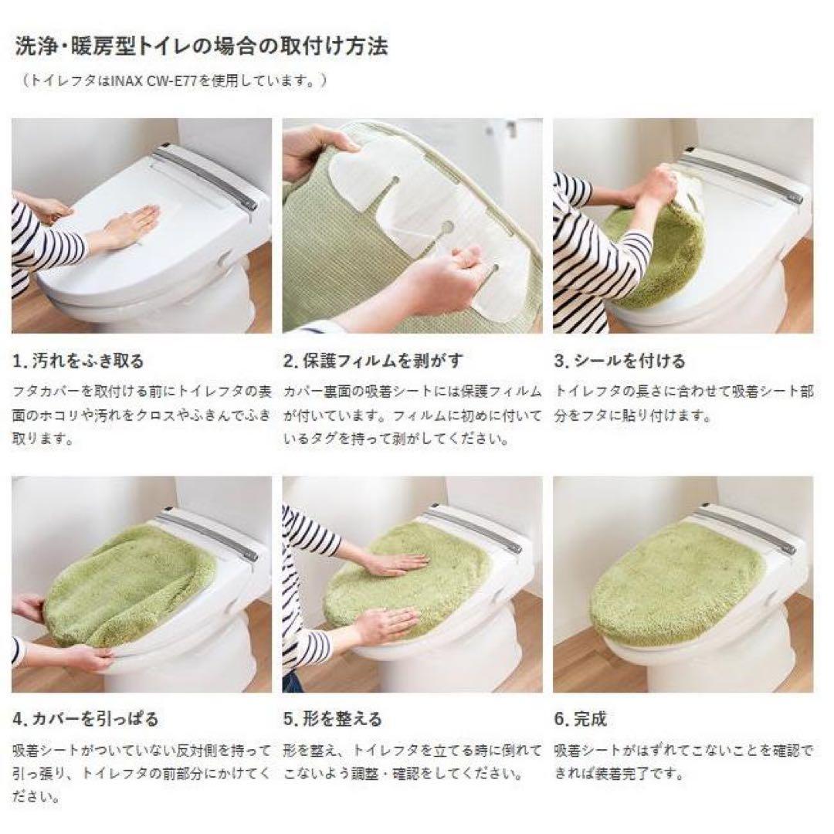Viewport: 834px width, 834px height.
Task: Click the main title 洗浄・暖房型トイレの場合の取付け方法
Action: [202, 46]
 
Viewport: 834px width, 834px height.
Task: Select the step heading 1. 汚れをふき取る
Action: [79, 361]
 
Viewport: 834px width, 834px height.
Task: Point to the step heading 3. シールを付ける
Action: [619, 361]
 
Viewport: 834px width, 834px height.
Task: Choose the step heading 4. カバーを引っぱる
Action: [86, 718]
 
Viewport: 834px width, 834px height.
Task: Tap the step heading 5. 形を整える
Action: [333, 718]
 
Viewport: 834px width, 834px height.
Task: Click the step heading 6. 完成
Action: [581, 718]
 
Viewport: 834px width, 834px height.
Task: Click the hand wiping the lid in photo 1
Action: [131, 225]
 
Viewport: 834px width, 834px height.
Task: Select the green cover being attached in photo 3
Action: [656, 255]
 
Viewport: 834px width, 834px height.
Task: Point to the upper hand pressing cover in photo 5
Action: [394, 564]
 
